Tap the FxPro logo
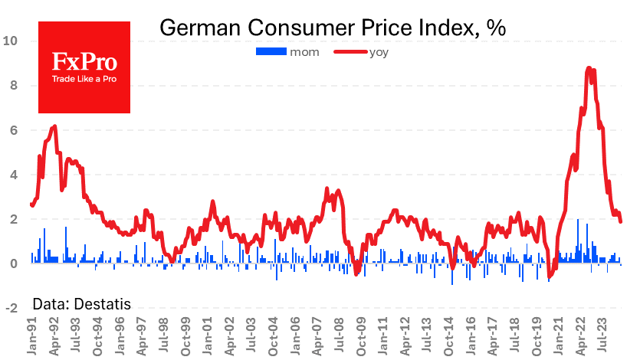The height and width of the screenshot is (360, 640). (x=84, y=67)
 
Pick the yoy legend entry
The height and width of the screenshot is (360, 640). (x=359, y=51)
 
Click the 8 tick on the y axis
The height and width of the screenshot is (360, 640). (x=12, y=85)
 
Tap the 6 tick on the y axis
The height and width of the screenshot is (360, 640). (x=12, y=130)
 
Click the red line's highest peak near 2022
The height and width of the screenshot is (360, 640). (x=588, y=68)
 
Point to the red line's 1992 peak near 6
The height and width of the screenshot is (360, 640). (x=54, y=126)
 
